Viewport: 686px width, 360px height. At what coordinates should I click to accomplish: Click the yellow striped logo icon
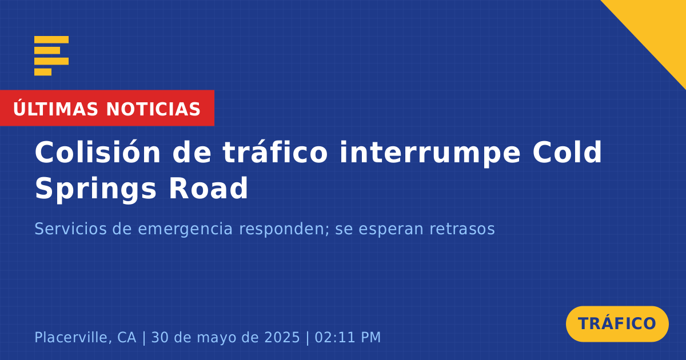click(51, 56)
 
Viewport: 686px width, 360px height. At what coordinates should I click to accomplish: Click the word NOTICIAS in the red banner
click(153, 109)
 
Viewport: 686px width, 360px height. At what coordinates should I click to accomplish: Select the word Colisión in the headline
click(98, 152)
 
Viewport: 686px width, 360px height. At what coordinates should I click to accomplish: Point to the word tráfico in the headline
click(275, 152)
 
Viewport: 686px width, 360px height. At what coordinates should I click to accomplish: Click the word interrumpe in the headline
click(430, 153)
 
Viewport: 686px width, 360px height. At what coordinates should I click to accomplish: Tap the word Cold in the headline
click(568, 152)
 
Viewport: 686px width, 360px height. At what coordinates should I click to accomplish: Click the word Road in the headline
click(208, 188)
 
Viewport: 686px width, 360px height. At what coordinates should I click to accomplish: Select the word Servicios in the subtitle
click(70, 229)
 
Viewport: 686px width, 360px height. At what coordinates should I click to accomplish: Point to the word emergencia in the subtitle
click(185, 230)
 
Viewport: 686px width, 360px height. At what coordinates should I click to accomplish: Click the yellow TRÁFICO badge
click(617, 324)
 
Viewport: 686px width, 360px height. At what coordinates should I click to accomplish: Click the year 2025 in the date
click(282, 337)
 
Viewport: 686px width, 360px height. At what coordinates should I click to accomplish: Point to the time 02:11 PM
click(348, 337)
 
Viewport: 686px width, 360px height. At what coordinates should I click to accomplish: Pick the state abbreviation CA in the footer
click(127, 337)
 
